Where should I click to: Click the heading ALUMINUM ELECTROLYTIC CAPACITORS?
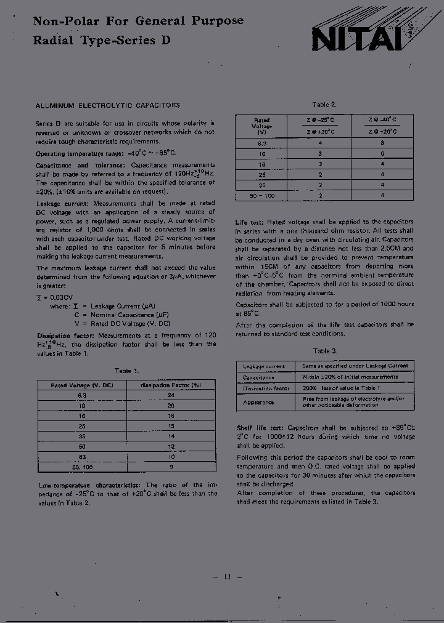point(108,105)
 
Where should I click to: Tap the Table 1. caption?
point(127,371)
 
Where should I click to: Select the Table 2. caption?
point(324,105)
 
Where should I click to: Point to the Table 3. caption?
point(324,350)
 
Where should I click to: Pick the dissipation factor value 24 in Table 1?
point(171,396)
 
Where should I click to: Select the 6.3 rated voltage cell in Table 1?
point(82,396)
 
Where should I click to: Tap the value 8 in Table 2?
point(382,142)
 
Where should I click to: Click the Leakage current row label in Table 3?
point(264,366)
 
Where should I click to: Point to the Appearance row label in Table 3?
point(258,402)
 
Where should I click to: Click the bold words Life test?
point(250,222)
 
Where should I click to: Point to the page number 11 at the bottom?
point(227,576)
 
